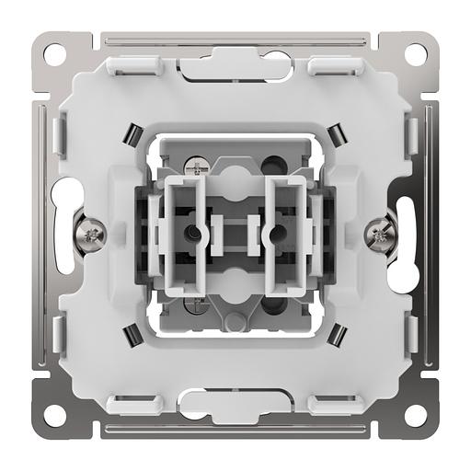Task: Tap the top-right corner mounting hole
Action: pos(415,52)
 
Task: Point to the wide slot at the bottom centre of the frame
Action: pos(235,401)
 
